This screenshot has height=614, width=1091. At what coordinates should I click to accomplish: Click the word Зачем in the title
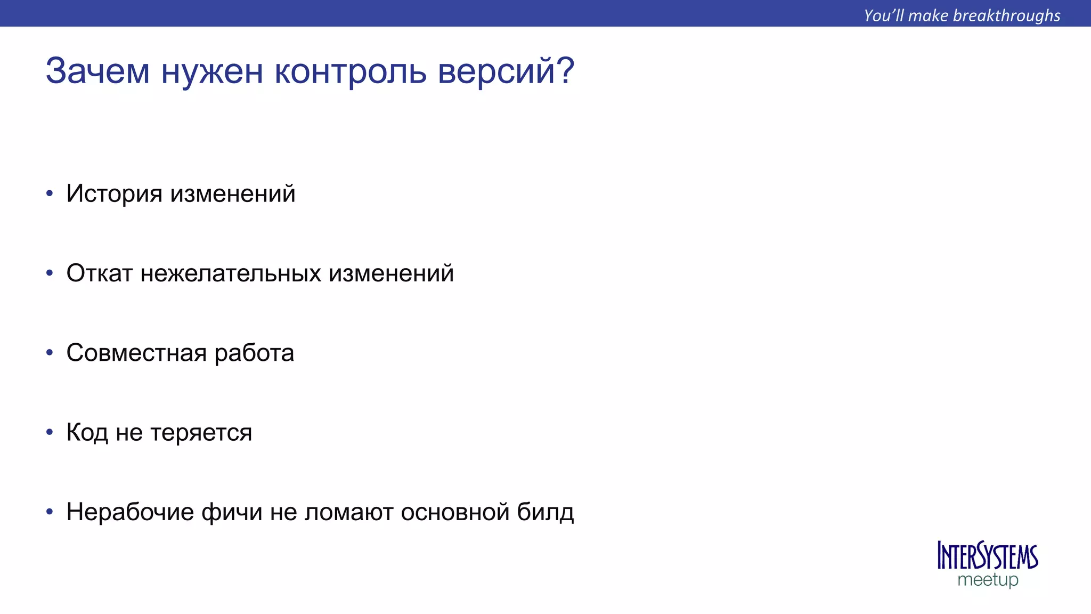pos(97,71)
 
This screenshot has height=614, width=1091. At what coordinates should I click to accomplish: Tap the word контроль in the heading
pos(350,71)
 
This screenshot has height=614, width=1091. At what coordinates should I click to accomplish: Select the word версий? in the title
pos(506,71)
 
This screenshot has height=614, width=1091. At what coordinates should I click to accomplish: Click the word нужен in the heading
pos(212,71)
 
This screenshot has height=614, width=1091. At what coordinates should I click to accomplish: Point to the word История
pos(114,193)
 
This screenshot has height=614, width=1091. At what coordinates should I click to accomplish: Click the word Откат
pos(99,273)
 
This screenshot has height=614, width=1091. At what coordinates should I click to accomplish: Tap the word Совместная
pos(136,353)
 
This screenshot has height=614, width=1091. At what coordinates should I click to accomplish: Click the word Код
pos(87,433)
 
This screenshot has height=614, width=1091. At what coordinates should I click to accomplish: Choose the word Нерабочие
pos(130,512)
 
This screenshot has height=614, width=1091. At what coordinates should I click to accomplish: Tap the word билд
pos(545,512)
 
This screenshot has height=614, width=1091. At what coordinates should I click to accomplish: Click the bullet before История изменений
pos(50,193)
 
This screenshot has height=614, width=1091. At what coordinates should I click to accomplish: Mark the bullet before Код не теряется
pos(50,432)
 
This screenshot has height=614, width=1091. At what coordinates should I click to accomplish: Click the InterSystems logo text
pos(987,556)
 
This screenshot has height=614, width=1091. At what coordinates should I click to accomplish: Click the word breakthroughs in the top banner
pos(1006,15)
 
